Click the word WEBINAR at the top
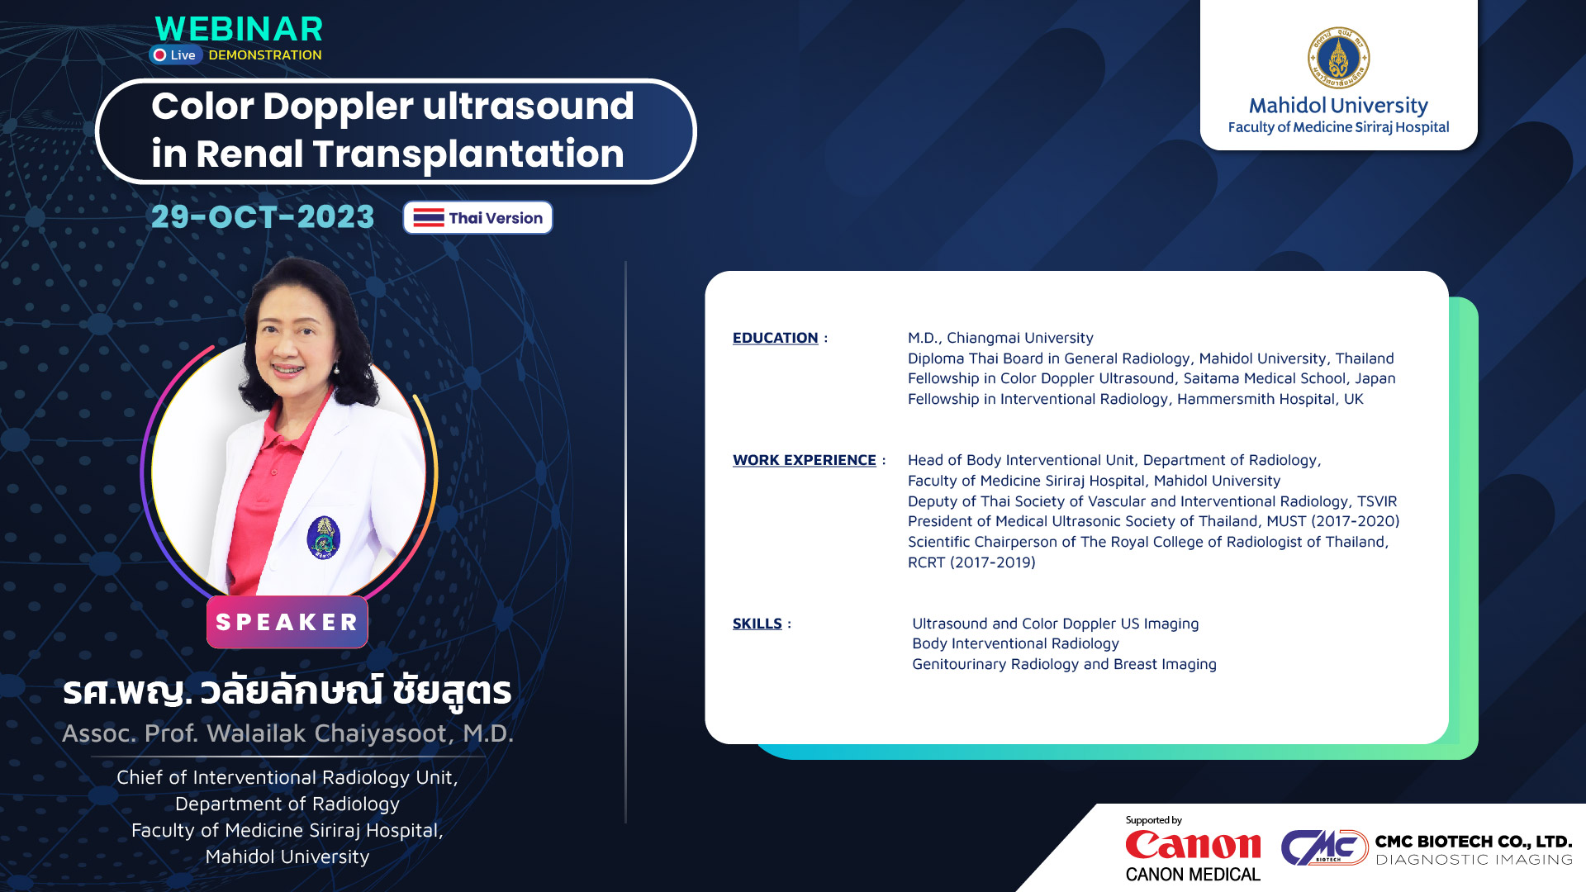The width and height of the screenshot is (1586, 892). click(239, 29)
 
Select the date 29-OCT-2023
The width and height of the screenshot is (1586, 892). click(263, 217)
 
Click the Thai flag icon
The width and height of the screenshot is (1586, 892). click(429, 218)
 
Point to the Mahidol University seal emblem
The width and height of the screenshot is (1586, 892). click(1338, 58)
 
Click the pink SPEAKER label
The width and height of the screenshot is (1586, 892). click(287, 622)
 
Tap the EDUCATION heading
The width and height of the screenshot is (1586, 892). click(775, 338)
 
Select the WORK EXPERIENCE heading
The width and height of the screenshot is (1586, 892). click(804, 460)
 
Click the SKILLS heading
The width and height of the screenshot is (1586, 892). click(757, 624)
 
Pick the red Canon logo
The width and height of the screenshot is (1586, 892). click(1193, 845)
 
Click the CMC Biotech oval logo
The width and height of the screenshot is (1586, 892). click(1324, 847)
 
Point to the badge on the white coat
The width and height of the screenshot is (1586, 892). click(323, 538)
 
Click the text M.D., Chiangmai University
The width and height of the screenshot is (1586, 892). click(1000, 338)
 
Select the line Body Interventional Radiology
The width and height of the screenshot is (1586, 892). click(1015, 643)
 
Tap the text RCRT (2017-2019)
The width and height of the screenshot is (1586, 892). click(971, 562)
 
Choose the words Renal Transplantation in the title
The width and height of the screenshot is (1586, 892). click(410, 154)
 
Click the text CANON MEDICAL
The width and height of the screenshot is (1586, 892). click(1193, 875)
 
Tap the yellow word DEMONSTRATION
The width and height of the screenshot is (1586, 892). click(265, 55)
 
